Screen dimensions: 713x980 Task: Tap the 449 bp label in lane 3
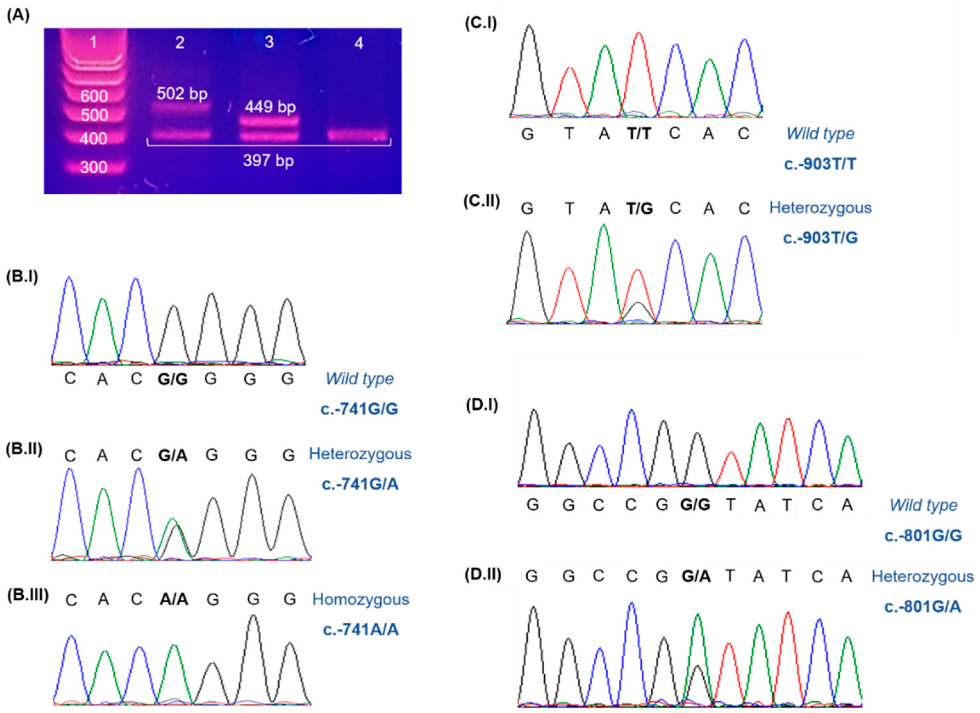(270, 107)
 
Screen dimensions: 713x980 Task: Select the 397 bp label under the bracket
(268, 161)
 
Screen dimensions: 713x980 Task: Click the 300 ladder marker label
(94, 167)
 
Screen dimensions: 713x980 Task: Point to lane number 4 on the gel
(358, 43)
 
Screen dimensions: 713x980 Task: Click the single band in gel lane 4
(358, 135)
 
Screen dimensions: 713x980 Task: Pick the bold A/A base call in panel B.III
(174, 599)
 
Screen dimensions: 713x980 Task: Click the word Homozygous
(360, 599)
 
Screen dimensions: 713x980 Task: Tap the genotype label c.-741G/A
(360, 484)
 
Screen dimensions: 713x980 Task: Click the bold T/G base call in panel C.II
(639, 209)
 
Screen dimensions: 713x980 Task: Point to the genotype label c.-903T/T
(820, 164)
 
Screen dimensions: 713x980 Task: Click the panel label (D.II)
(483, 575)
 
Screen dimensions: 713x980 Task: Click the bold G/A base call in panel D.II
(696, 576)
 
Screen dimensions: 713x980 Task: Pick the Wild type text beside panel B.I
(359, 379)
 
